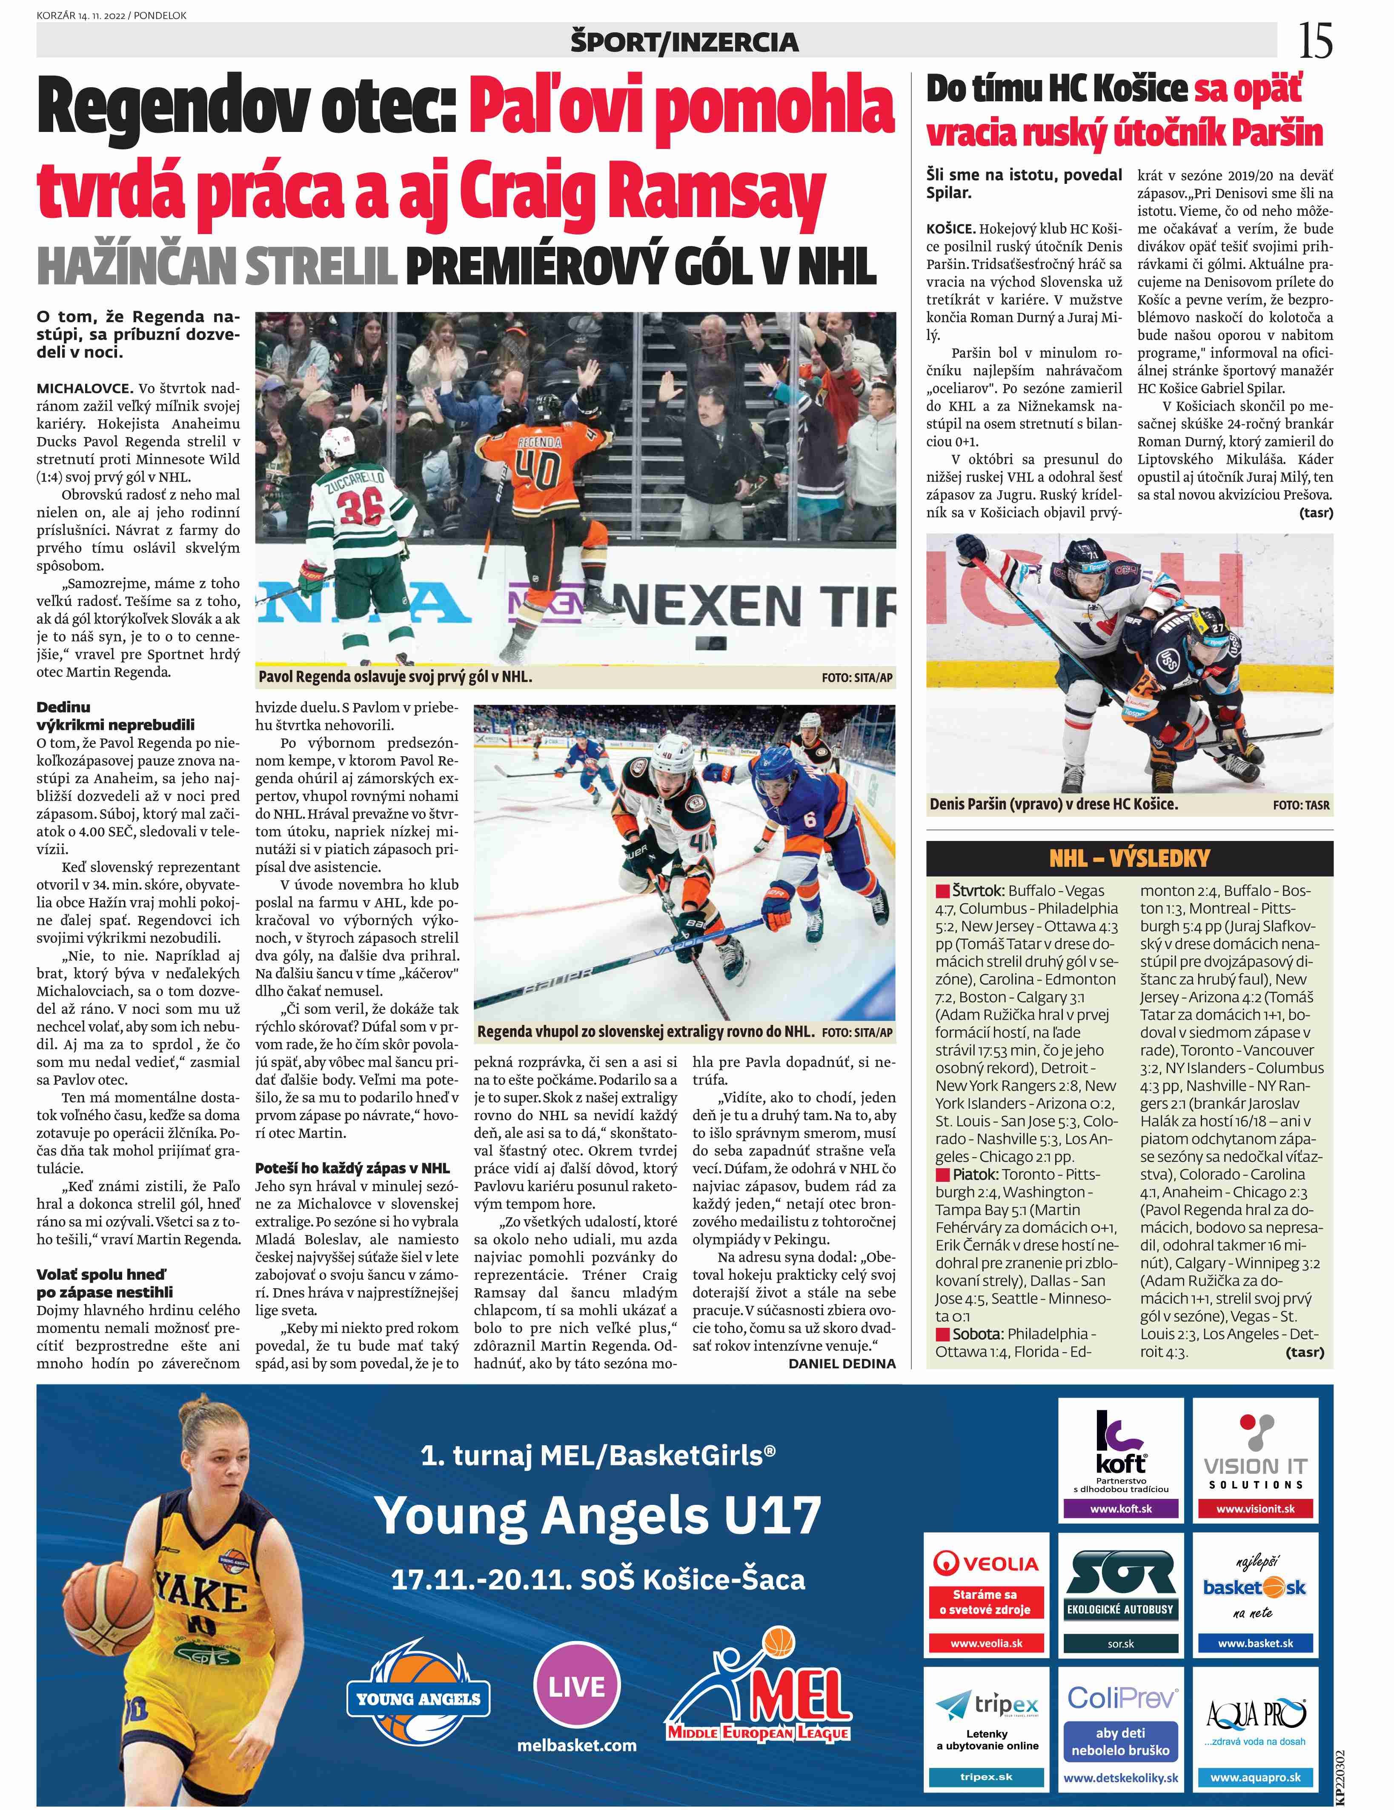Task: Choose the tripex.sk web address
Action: (986, 1777)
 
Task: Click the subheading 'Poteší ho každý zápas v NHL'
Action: (352, 1168)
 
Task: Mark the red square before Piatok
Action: (942, 1174)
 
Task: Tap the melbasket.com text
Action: (577, 1745)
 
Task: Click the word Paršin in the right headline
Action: (1277, 133)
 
